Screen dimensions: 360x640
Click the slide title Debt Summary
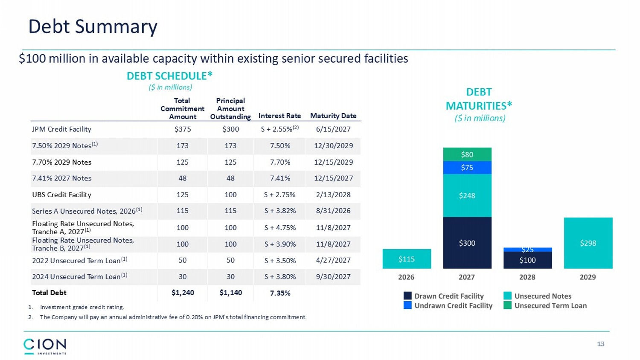(93, 26)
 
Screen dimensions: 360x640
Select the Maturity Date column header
(333, 116)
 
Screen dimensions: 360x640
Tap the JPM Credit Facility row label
(61, 129)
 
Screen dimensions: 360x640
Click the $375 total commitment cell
(183, 129)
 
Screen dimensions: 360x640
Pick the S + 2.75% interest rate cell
(279, 195)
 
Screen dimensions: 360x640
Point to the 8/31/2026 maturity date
(333, 211)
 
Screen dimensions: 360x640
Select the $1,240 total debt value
(183, 293)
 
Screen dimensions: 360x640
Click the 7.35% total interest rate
(280, 293)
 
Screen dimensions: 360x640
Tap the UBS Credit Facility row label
(61, 195)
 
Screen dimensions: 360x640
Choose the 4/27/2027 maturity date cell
(333, 260)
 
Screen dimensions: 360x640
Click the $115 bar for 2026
(407, 259)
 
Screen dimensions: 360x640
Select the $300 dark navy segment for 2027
(467, 243)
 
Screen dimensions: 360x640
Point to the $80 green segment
(467, 154)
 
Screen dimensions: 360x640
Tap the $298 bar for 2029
(588, 243)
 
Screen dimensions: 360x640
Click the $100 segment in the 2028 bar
(527, 260)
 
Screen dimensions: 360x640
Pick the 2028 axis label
(527, 277)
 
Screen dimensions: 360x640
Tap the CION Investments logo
(45, 346)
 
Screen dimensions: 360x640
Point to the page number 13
(601, 344)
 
